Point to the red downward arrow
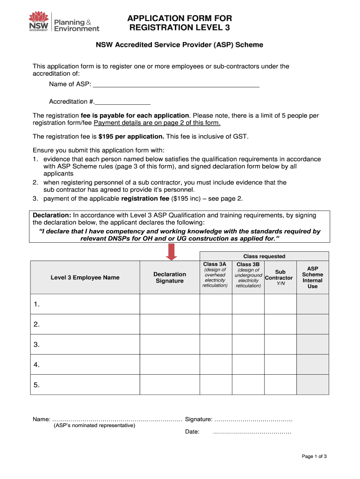pos(172,252)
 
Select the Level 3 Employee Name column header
pos(85,277)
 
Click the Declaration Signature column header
pos(170,277)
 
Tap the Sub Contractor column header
pos(280,277)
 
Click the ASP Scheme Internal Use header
pos(312,277)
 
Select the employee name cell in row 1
pos(85,304)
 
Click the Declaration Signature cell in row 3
pos(170,344)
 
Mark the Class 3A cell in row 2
pos(216,324)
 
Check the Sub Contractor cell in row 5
pos(280,385)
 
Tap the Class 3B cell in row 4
pos(248,364)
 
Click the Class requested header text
pos(264,256)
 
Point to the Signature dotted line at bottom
pos(253,420)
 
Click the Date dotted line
pos(252,432)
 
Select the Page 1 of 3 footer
pos(314,457)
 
